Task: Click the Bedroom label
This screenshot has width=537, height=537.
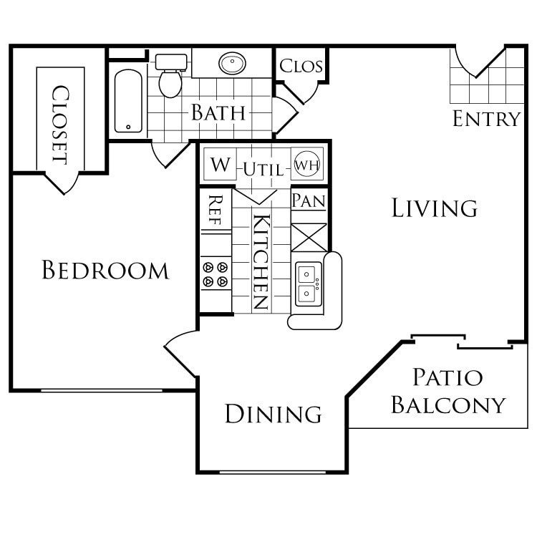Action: [x=105, y=270]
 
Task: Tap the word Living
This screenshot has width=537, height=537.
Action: [x=435, y=208]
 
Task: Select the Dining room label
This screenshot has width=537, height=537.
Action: [x=273, y=413]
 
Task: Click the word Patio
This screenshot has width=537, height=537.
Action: [x=447, y=377]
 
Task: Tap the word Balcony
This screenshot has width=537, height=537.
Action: [x=449, y=405]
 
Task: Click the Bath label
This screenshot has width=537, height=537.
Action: [x=218, y=112]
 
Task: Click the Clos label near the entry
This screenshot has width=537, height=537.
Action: [x=301, y=67]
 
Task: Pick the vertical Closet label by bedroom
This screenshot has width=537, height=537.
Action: [x=60, y=125]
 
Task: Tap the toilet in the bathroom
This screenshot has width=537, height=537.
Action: [x=170, y=78]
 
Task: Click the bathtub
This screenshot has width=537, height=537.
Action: [x=130, y=101]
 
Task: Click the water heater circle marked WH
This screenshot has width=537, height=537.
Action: [x=307, y=163]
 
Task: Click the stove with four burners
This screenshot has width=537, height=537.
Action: [x=216, y=274]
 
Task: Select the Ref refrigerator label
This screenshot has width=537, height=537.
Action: [x=216, y=211]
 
